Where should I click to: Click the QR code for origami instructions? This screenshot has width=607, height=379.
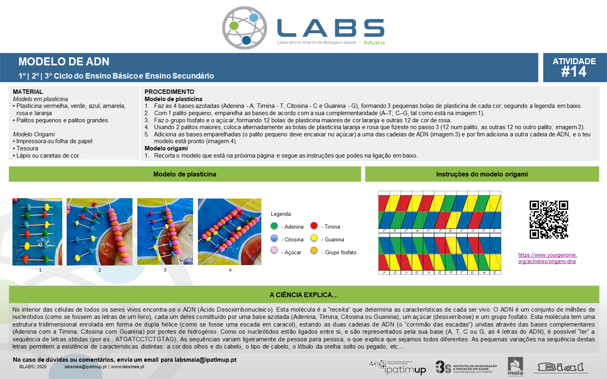(549, 219)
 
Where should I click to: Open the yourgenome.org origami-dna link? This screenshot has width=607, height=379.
(548, 258)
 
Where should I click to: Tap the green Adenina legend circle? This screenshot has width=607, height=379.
(274, 226)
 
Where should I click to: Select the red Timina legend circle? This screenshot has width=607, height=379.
(314, 225)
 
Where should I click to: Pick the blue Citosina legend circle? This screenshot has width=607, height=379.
(274, 238)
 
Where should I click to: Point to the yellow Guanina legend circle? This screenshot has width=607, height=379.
(314, 238)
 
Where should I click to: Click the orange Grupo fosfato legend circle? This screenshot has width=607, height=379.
(314, 250)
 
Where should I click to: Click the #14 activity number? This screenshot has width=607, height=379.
(574, 72)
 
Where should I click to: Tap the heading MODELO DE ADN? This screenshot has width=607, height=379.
(64, 62)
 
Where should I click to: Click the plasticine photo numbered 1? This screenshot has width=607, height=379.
(37, 232)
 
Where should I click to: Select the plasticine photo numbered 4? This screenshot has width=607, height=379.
(230, 232)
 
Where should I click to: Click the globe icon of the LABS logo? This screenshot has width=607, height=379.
(244, 28)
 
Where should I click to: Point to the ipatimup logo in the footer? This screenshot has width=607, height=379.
(397, 368)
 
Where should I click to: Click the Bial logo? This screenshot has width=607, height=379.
(560, 368)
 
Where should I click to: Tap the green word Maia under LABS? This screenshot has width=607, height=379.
(374, 43)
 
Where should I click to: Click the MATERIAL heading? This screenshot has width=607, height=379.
(28, 92)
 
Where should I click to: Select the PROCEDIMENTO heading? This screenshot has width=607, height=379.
(169, 92)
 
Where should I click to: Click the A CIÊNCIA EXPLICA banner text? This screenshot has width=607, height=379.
(304, 295)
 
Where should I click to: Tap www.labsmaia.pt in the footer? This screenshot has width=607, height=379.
(127, 367)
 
